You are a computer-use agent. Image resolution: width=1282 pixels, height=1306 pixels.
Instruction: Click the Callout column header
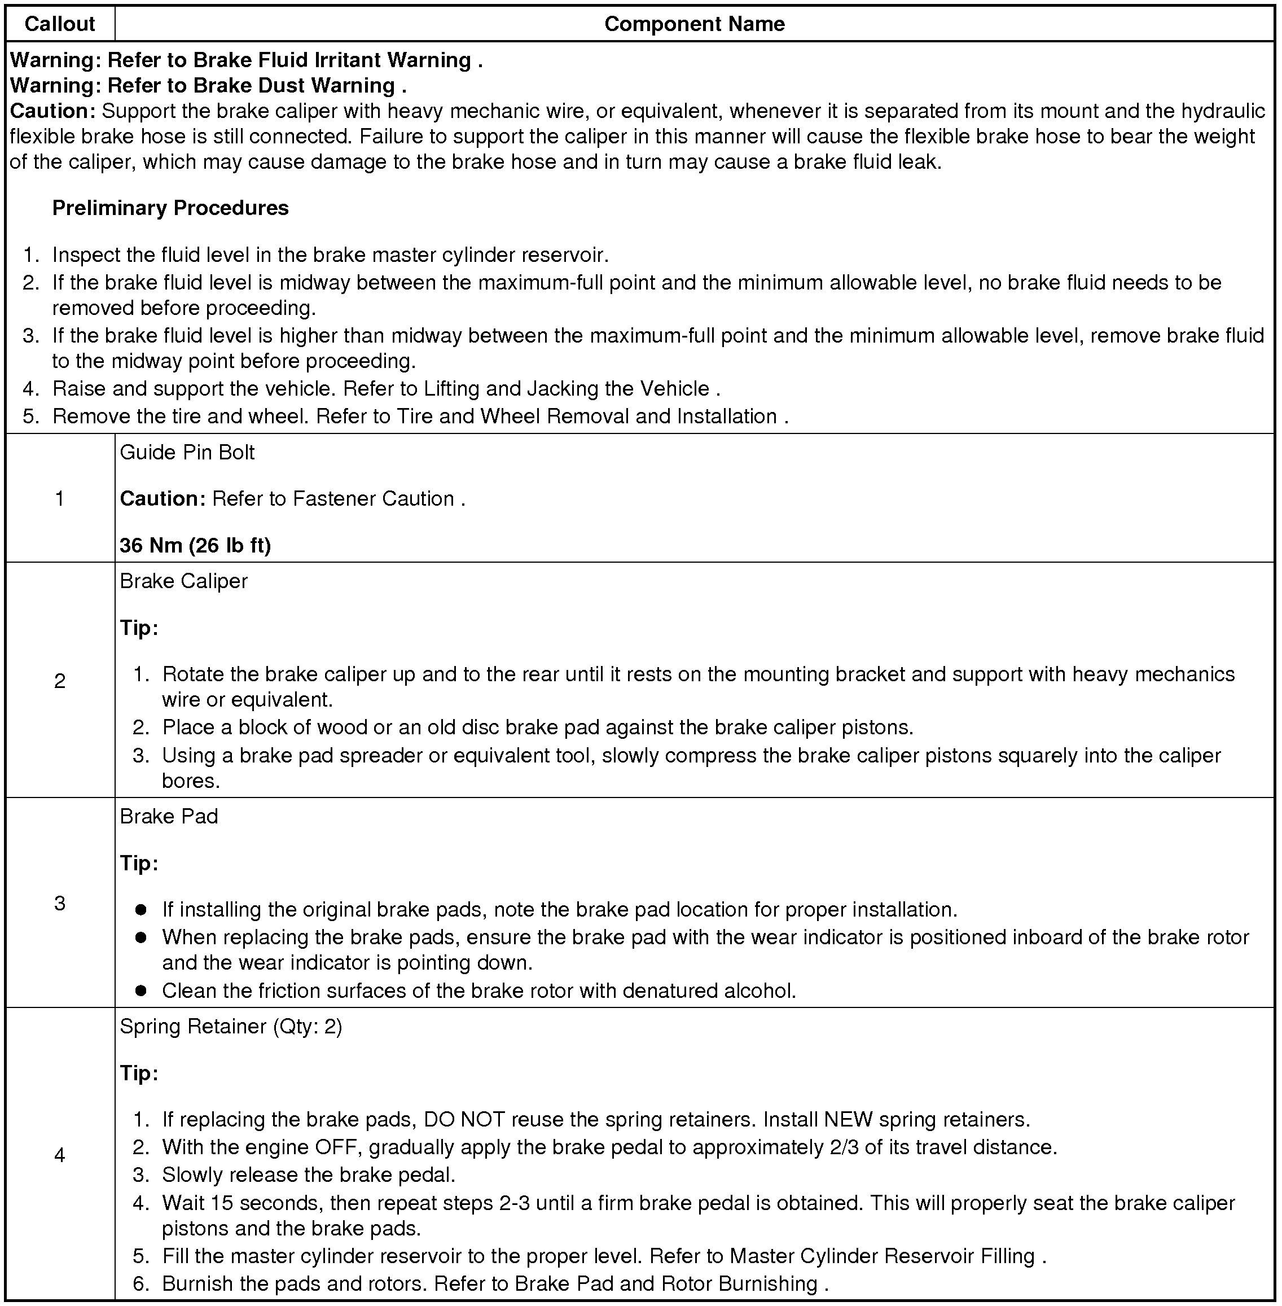click(x=59, y=24)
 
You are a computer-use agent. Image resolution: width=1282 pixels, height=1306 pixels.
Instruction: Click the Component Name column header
click(x=694, y=24)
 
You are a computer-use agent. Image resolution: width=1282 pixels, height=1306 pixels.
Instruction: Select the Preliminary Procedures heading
click(x=170, y=208)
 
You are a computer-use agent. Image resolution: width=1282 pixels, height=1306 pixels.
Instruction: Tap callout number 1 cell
click(x=59, y=498)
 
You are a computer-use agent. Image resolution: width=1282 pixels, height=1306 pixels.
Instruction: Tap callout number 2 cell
click(x=59, y=681)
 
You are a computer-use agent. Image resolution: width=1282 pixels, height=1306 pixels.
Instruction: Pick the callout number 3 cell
click(x=59, y=903)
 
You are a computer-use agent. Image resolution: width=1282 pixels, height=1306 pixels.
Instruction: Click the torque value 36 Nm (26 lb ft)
click(x=195, y=545)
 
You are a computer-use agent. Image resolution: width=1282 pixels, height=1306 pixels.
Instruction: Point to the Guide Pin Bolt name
click(x=187, y=453)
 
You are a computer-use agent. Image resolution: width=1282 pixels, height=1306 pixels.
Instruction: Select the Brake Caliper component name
click(x=184, y=581)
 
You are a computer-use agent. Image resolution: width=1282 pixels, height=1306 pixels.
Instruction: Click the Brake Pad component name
click(x=169, y=816)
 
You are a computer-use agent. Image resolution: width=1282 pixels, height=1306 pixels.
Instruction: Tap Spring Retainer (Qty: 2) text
click(x=231, y=1027)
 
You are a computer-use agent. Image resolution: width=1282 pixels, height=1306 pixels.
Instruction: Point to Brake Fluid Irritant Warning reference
click(x=332, y=60)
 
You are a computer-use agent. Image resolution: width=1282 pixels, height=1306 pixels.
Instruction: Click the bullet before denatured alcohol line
click(x=141, y=990)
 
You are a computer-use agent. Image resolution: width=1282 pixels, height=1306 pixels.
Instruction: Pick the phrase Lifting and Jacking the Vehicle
click(x=567, y=389)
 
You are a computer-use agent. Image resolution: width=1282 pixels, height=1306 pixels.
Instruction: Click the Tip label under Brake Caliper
click(x=139, y=628)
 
